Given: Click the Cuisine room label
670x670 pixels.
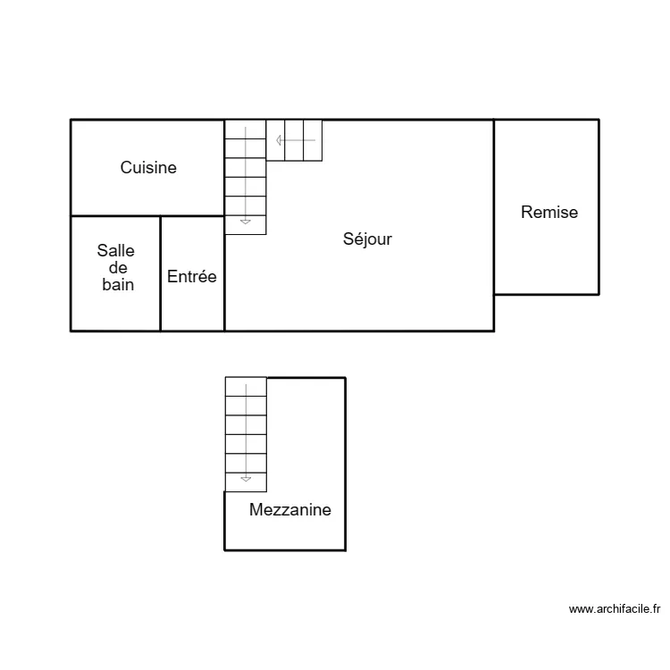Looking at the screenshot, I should pos(148,168).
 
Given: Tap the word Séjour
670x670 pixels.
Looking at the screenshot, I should pos(367,239).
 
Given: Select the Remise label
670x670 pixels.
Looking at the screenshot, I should pos(549,213).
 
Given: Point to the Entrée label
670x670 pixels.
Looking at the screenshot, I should pos(192,277).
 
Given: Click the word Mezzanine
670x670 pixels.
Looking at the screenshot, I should pos(290,510).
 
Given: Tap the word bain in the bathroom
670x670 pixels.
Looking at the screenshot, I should pos(117,285).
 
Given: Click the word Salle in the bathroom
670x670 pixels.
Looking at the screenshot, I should pos(116,252).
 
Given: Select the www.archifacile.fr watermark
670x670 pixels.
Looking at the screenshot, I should pos(615,609).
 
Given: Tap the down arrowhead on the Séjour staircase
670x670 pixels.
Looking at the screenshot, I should pos(246,220).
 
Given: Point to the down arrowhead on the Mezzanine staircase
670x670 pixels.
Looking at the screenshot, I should pos(246,478).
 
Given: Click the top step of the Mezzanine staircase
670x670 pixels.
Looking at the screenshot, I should pos(246,387).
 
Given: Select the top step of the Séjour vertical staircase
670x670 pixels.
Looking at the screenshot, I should pos(246,130).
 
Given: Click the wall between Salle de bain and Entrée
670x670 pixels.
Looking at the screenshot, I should pos(161,273).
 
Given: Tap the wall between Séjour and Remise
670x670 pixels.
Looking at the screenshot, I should pos(494,205).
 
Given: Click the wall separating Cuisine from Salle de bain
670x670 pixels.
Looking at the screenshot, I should pos(116,216).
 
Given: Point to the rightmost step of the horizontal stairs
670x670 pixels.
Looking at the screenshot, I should pos(313,140).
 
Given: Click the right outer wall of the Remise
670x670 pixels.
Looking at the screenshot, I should pos(599,205).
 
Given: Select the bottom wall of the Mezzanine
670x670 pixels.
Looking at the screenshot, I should pos(284,549).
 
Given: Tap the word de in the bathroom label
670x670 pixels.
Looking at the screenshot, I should pos(117,269).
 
